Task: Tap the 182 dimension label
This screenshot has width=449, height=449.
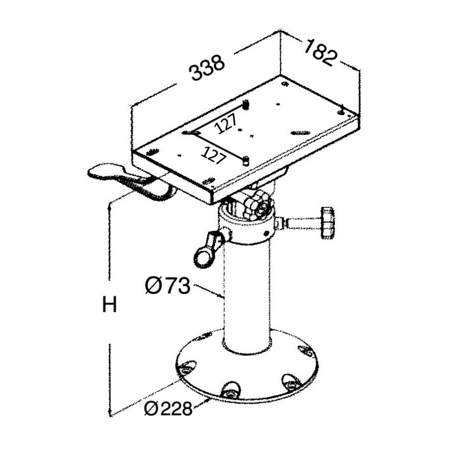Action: pyautogui.click(x=320, y=53)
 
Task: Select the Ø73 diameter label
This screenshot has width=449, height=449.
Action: pyautogui.click(x=168, y=285)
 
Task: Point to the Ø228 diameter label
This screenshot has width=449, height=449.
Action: pyautogui.click(x=168, y=409)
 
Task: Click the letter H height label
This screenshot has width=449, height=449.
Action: pyautogui.click(x=109, y=304)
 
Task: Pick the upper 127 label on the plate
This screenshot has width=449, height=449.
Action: pyautogui.click(x=226, y=123)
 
